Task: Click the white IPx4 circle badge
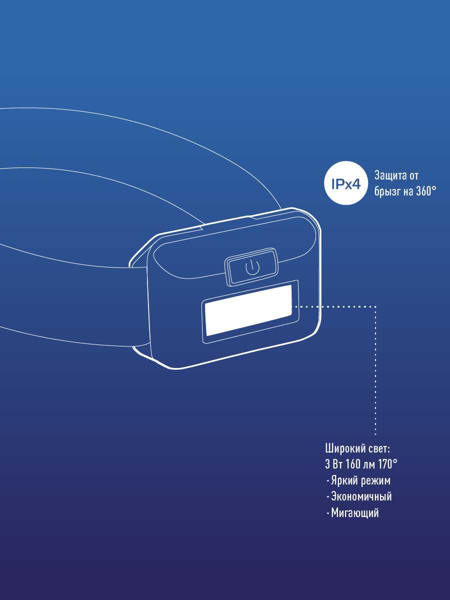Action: [346, 183]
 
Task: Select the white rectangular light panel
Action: [248, 310]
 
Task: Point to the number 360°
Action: [426, 191]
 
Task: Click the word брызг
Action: [385, 192]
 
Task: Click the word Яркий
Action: [345, 480]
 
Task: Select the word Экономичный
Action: [361, 496]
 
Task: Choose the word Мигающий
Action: [355, 513]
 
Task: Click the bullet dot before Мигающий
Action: [327, 513]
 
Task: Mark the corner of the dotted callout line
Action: [375, 306]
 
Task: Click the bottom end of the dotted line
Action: [375, 434]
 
